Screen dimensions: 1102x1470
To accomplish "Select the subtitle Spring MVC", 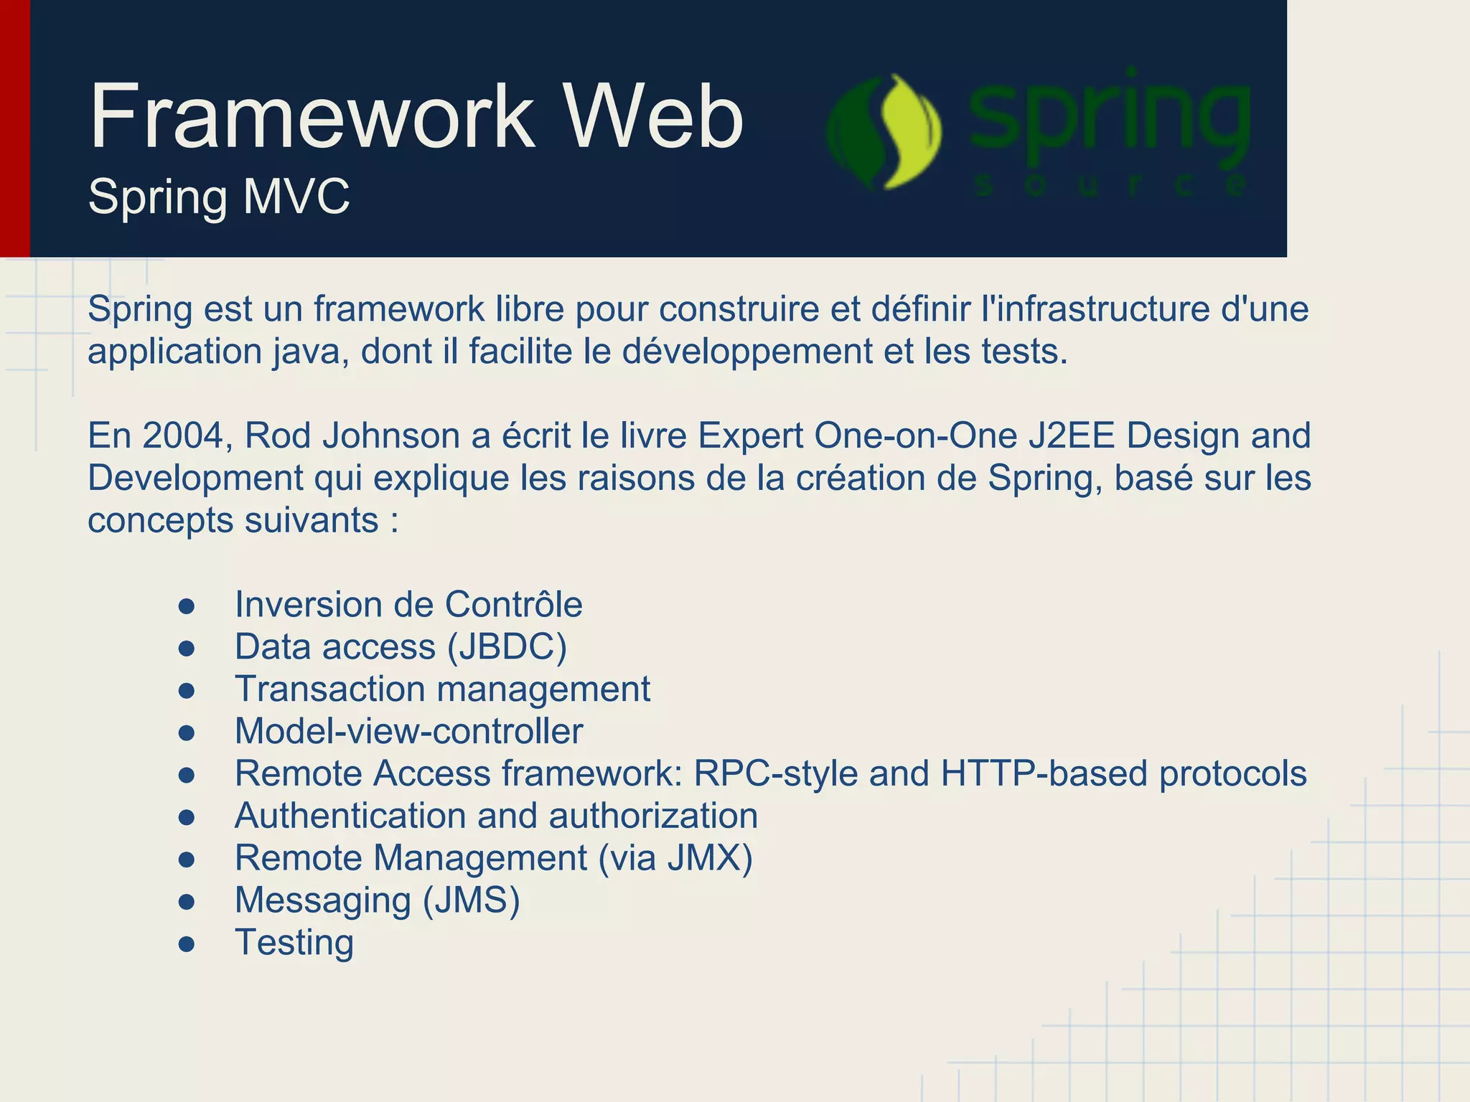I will point(219,196).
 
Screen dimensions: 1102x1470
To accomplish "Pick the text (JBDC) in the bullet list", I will point(507,646).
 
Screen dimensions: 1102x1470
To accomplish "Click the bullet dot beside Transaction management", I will point(187,690).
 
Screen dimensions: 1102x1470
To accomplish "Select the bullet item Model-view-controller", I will point(408,731).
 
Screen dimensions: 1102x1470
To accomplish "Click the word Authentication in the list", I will point(350,816).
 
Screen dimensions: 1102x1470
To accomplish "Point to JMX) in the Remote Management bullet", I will point(709,858).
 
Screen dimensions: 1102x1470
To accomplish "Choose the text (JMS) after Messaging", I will point(471,900).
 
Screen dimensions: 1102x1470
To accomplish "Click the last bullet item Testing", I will point(294,942).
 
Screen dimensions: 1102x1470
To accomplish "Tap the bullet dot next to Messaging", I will point(187,902).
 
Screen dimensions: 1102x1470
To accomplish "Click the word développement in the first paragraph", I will point(747,352).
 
